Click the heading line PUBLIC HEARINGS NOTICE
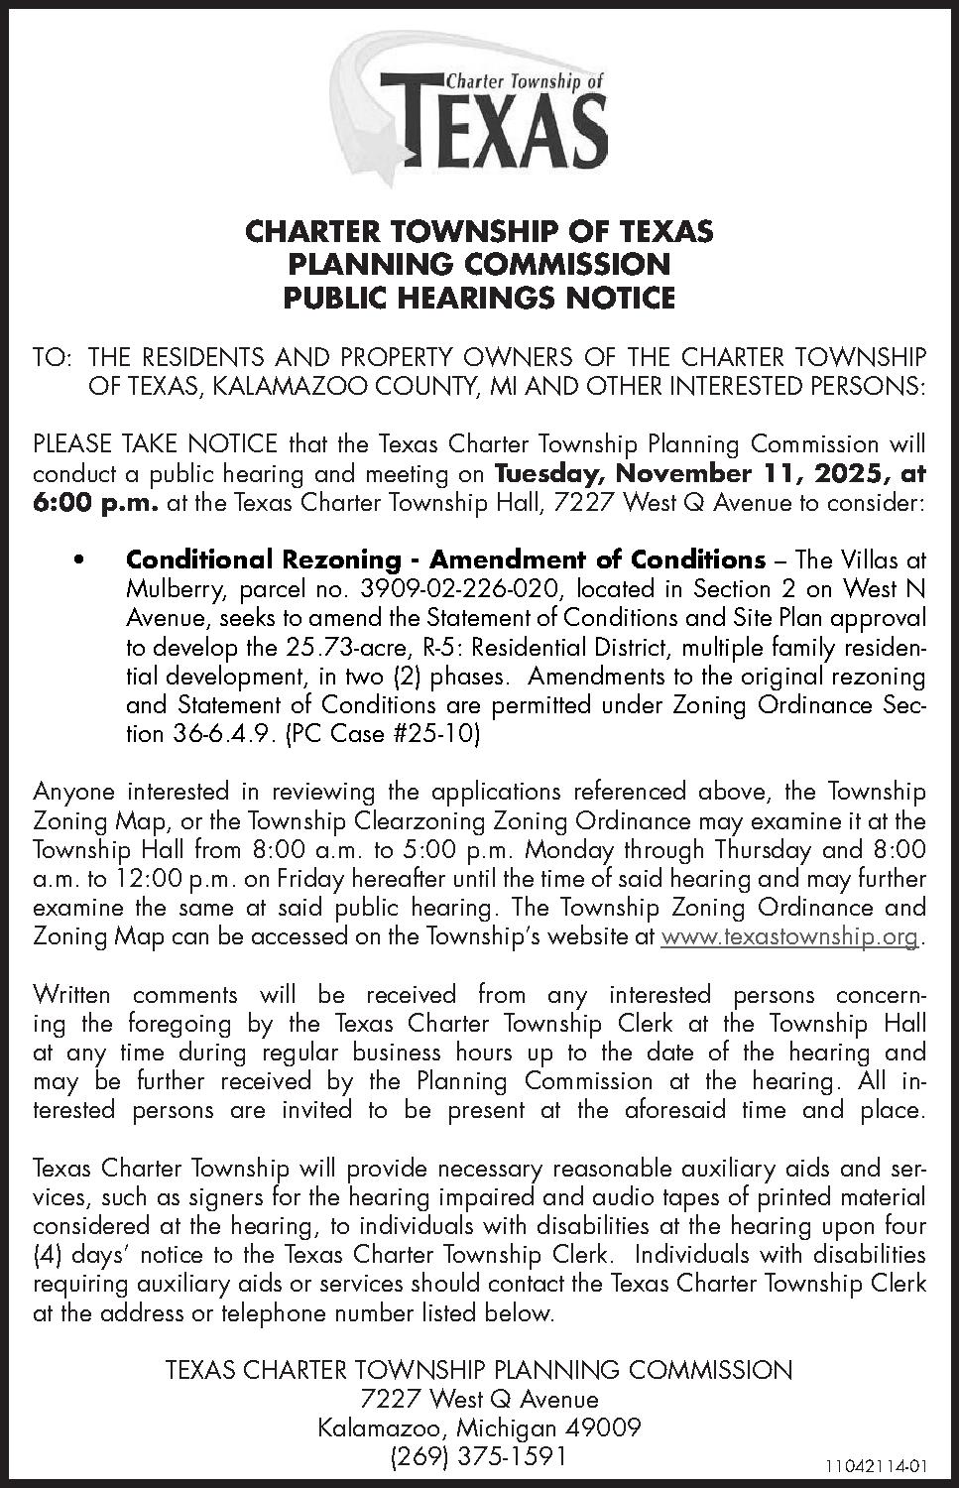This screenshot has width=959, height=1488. [x=479, y=297]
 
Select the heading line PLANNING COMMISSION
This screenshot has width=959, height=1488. [x=479, y=264]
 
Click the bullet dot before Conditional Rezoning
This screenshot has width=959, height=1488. [x=77, y=560]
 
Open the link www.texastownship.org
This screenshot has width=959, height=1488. [x=789, y=936]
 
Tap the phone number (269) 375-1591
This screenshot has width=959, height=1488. [x=480, y=1456]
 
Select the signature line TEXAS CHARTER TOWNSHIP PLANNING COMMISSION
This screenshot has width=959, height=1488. [x=479, y=1370]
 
